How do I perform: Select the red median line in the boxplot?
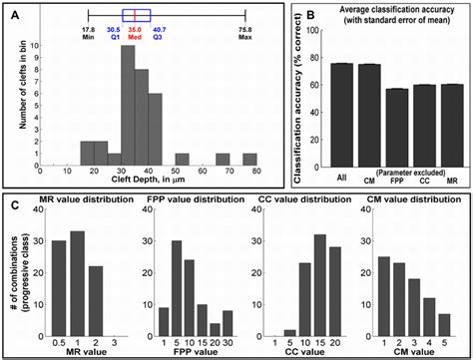[136, 15]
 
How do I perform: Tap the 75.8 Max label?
[244, 35]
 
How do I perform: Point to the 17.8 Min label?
[88, 35]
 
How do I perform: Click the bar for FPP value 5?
[176, 280]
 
